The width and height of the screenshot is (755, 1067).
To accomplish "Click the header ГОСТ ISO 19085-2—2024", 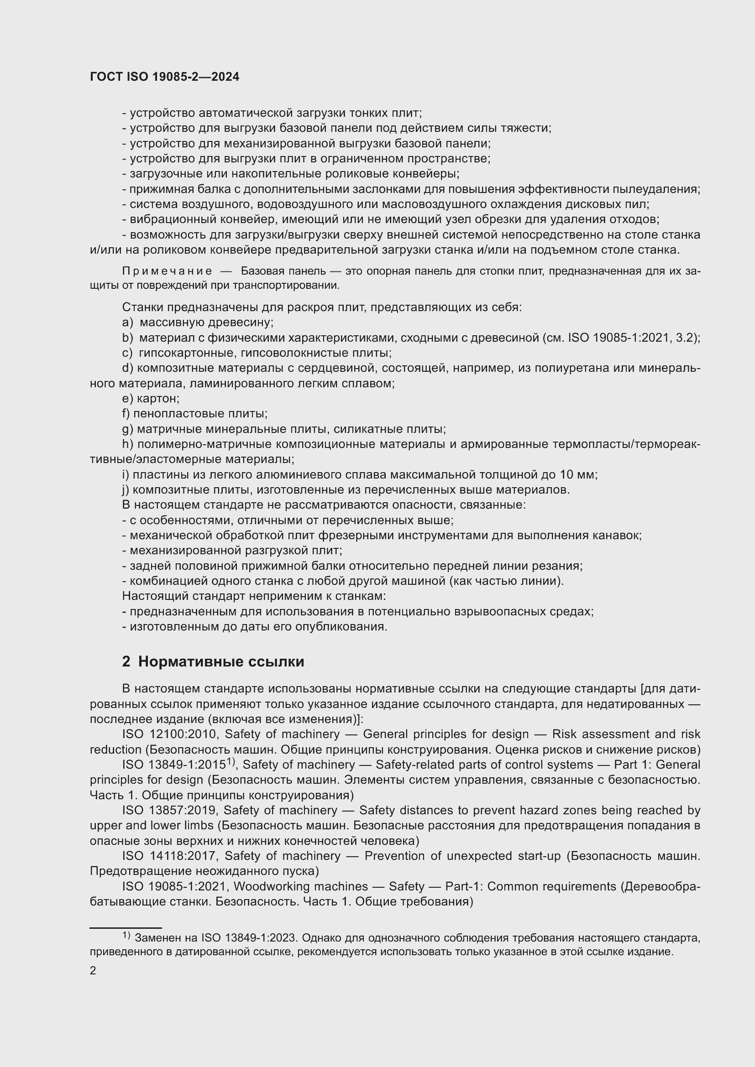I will [x=165, y=77].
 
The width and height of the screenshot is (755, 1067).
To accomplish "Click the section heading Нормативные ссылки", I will [x=221, y=661].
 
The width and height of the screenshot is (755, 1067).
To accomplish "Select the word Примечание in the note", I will [x=167, y=271].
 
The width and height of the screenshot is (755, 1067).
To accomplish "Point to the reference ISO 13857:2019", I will [x=169, y=810].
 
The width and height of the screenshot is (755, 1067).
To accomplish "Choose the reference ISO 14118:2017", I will [x=170, y=855].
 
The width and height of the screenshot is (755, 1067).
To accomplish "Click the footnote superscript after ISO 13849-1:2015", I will [x=231, y=762].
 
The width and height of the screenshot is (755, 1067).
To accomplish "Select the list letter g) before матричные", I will [x=127, y=429].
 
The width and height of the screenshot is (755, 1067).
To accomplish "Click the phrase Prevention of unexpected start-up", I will [x=462, y=855].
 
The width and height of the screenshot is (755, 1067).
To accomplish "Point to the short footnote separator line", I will [x=126, y=927].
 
